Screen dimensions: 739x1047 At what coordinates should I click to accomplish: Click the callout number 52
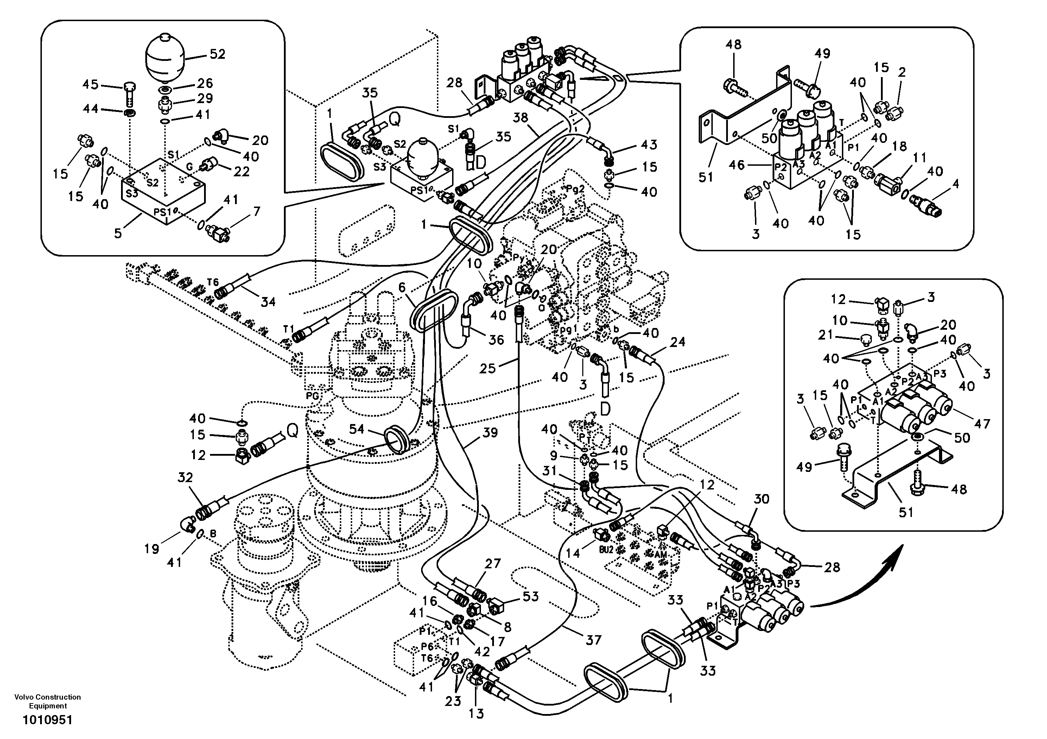coord(217,54)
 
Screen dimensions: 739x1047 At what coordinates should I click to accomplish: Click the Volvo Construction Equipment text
coord(48,701)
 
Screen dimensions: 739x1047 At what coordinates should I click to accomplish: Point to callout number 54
coord(357,429)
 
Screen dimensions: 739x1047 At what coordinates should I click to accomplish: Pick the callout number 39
coord(490,432)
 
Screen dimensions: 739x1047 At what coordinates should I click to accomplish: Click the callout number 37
coord(593,640)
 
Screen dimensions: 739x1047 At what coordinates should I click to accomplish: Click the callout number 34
coord(268,302)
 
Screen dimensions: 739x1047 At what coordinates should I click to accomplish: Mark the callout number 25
coord(488,368)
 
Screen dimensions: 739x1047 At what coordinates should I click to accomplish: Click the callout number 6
coord(402,288)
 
